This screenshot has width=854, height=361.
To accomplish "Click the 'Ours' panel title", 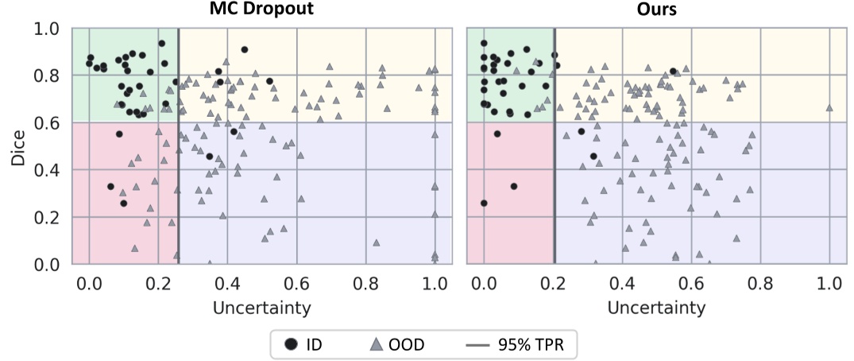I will (x=656, y=10).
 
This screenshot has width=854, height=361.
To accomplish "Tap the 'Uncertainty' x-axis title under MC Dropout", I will (x=261, y=307).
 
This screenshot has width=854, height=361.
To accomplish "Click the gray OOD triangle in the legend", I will (x=379, y=344).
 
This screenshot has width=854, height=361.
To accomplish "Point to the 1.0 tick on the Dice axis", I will (x=49, y=29).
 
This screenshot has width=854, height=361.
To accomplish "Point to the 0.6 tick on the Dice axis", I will (x=49, y=122).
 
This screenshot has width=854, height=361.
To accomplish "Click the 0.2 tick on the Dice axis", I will (x=49, y=217).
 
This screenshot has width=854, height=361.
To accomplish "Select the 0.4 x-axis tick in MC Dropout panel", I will (x=228, y=283).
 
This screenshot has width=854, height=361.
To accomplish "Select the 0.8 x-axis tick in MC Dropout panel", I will (x=365, y=283).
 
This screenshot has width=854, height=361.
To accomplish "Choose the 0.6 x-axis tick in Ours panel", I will (x=691, y=283).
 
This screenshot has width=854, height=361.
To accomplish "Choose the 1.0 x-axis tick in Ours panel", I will (x=829, y=283).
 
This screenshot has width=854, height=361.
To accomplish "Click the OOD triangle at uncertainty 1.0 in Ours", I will (x=829, y=107).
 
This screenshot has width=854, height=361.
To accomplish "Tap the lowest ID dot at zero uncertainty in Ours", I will (x=484, y=204).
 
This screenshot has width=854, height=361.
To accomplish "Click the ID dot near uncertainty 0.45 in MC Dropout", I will (x=245, y=50).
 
